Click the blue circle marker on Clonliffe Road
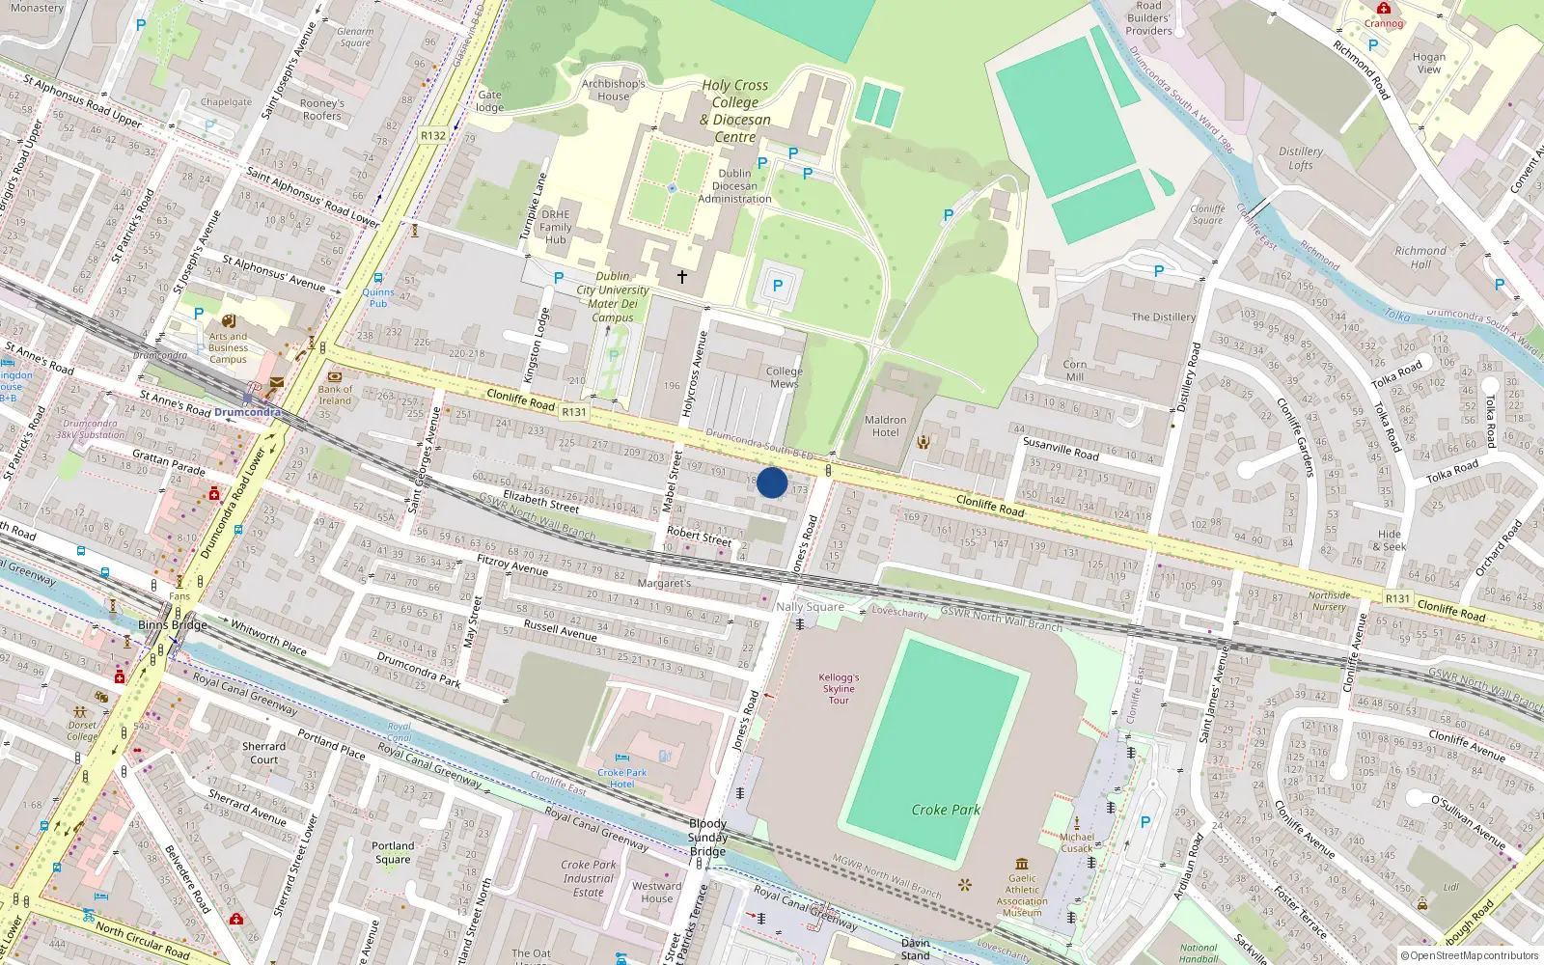[x=772, y=482]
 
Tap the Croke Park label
[x=946, y=810]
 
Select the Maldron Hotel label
[x=885, y=427]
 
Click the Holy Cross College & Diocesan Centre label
[x=735, y=111]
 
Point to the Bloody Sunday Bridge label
[x=707, y=838]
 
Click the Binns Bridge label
[x=173, y=625]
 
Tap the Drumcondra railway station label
[x=248, y=412]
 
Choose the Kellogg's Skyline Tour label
[x=839, y=688]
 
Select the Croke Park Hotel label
[x=621, y=778]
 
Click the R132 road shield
[x=433, y=136]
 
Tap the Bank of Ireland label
[x=335, y=395]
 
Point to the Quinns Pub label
[x=378, y=297]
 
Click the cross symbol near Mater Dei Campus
[x=682, y=277]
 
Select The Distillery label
[x=1163, y=317]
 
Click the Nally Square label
[x=810, y=607]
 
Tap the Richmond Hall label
[x=1420, y=257]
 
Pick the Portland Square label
[x=393, y=852]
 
